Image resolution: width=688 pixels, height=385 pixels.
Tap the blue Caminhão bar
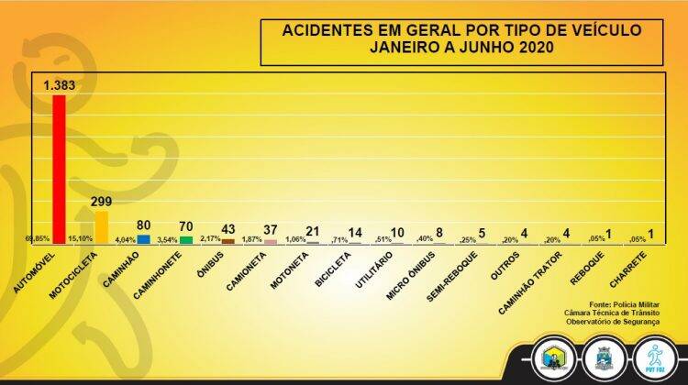(143, 238)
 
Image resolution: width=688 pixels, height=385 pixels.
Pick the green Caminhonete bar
(186, 239)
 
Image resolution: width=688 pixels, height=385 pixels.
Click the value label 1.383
(62, 85)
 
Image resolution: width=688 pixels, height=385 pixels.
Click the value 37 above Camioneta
(271, 229)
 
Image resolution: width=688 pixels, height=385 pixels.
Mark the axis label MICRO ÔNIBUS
(411, 273)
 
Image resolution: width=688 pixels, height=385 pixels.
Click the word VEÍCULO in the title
(600, 30)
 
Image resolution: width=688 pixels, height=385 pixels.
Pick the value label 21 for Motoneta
(314, 232)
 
